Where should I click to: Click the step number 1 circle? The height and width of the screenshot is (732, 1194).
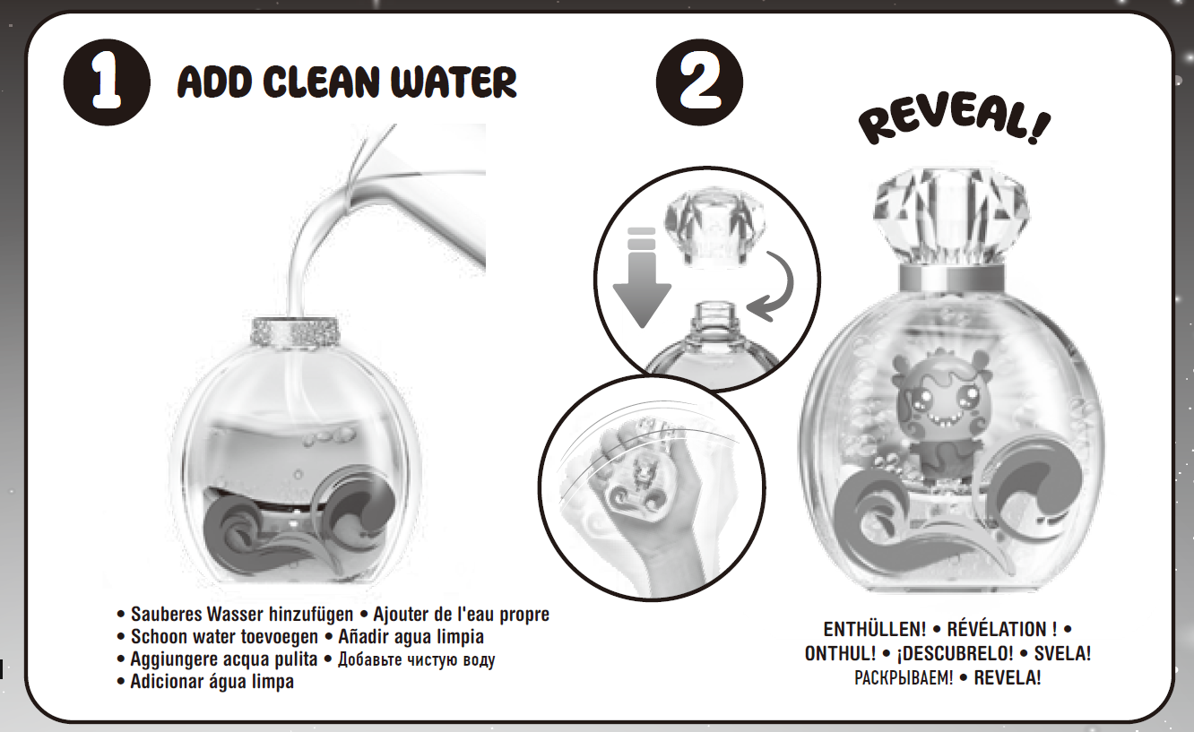(x=107, y=82)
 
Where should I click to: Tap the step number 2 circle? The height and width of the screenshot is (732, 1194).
(x=699, y=82)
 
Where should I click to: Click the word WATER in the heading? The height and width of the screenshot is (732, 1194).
(x=454, y=82)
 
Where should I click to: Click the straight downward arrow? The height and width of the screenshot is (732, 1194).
(x=642, y=277)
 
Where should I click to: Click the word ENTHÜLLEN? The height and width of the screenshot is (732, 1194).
(x=875, y=629)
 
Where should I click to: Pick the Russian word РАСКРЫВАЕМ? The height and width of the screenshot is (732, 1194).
(x=904, y=678)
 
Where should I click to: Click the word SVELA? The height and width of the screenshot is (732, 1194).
(x=1062, y=654)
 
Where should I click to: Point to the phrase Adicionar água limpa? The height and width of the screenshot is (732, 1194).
(x=212, y=682)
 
